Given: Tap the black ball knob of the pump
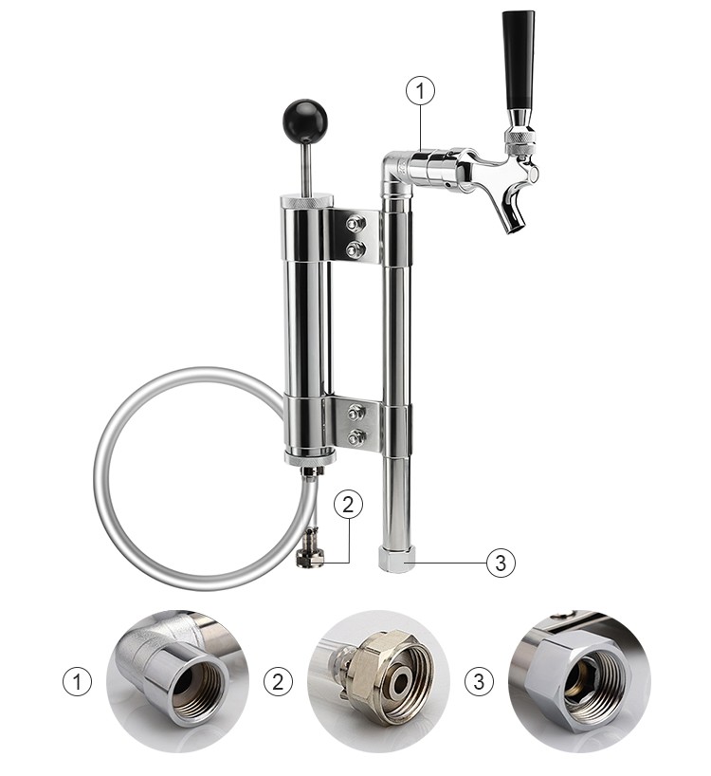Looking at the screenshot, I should (x=304, y=120).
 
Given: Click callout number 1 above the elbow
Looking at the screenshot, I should (x=420, y=92).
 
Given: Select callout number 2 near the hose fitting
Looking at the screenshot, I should (x=348, y=506).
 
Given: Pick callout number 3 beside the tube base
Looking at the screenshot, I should (x=501, y=563).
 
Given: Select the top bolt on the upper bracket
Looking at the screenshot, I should (x=355, y=224).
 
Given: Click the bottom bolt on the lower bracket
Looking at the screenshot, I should (x=355, y=437).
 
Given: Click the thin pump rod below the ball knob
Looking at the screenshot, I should (x=304, y=166).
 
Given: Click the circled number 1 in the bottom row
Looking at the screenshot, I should (x=78, y=681).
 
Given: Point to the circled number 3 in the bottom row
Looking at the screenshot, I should (x=480, y=681).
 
